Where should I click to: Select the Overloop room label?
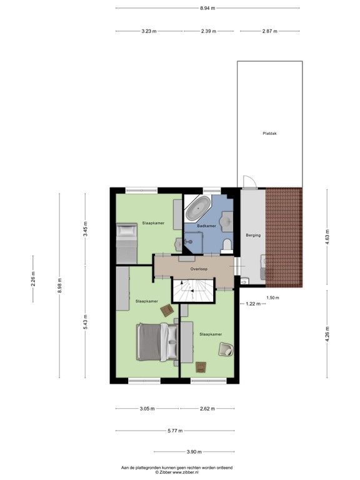(199, 269)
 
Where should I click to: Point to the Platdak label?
(270, 133)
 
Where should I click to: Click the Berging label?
(253, 235)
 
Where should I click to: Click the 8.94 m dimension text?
(207, 8)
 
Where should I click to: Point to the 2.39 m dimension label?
(208, 31)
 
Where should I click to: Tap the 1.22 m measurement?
(252, 304)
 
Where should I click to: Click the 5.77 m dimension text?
(176, 431)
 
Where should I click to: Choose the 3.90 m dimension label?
(194, 452)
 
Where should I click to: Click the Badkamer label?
(206, 226)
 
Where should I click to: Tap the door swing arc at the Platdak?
(248, 181)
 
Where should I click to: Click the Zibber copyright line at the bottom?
(177, 472)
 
